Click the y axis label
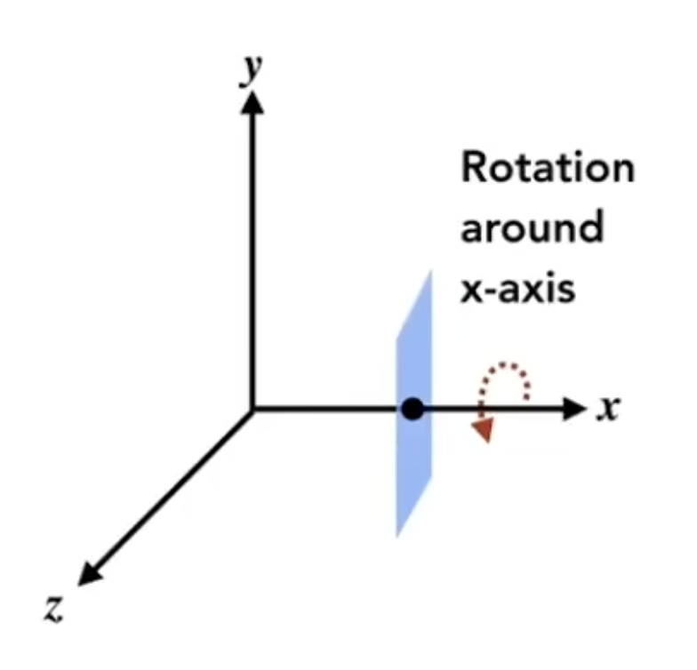[251, 70]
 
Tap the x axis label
[608, 409]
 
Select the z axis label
[54, 609]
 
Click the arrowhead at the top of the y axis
[252, 102]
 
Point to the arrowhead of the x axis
[574, 409]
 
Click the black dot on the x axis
[413, 409]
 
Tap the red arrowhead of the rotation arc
[484, 430]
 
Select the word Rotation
[548, 167]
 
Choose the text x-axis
[517, 289]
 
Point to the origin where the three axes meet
[252, 409]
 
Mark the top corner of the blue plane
[430, 271]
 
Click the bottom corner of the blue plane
[397, 537]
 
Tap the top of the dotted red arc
[505, 365]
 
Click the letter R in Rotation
[473, 167]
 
